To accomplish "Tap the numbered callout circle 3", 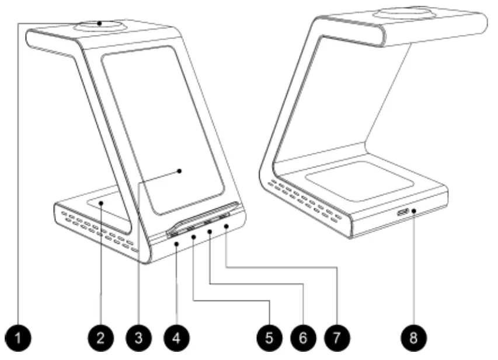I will click(138, 337).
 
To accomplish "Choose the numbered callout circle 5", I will click(268, 337).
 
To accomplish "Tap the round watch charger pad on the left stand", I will click(100, 25).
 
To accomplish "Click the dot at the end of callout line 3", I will click(180, 171).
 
